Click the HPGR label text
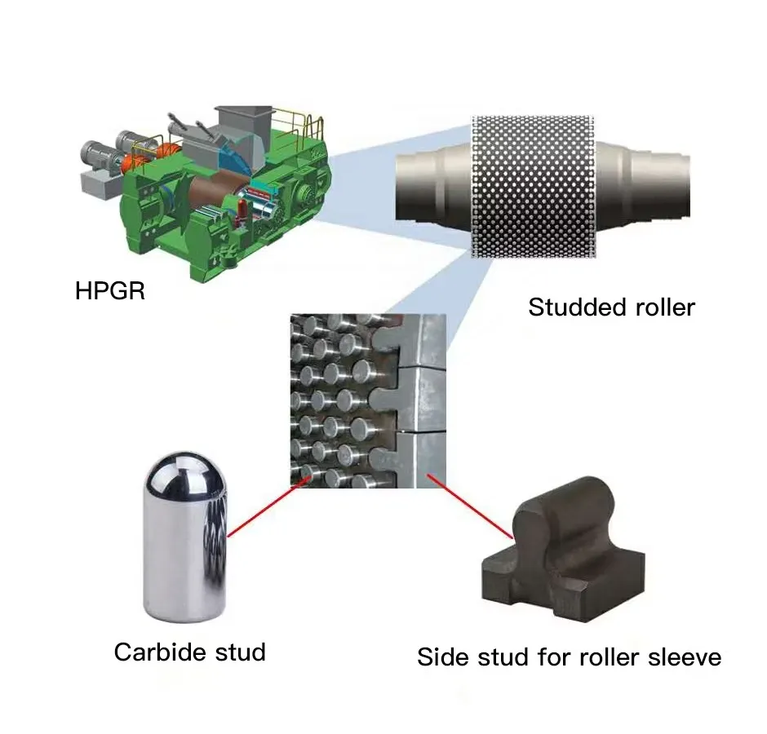point(109,291)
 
